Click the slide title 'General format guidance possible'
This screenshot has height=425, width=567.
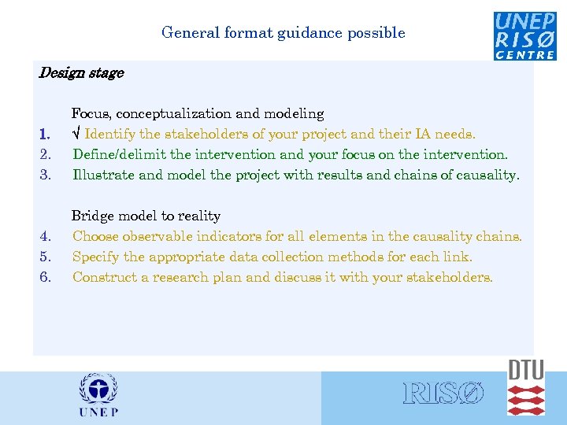tap(283, 33)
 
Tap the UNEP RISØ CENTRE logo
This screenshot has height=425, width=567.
tap(524, 35)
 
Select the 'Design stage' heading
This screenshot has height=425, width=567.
tap(81, 73)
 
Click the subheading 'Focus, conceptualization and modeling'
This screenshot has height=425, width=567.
tap(198, 114)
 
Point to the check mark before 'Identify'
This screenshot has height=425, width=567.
tap(76, 135)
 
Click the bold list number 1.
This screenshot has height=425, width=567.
tap(46, 135)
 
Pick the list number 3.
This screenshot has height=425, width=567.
tap(46, 175)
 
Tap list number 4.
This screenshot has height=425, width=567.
tap(46, 236)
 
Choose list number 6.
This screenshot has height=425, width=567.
tap(46, 277)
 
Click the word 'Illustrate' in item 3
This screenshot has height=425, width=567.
tap(103, 175)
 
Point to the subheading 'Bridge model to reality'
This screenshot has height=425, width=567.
tap(146, 216)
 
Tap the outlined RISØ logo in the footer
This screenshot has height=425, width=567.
tap(443, 394)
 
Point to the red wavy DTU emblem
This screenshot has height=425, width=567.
tap(526, 400)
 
